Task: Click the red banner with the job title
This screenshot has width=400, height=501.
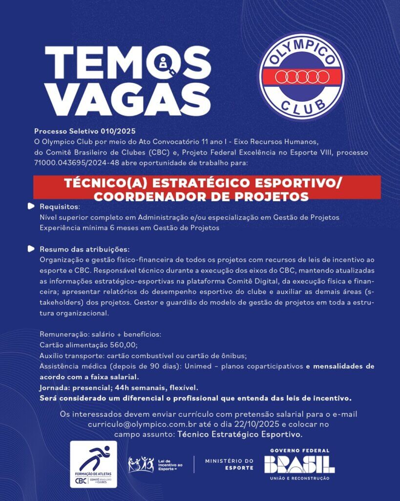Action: (x=207, y=189)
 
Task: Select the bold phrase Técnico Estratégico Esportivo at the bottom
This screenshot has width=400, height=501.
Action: (x=239, y=434)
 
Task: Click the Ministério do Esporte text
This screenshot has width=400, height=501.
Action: (x=229, y=464)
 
